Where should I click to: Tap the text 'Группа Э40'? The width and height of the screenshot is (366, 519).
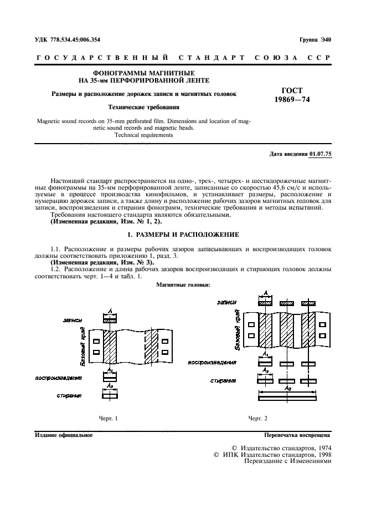tap(315, 39)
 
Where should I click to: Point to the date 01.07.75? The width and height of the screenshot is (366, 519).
tap(321, 154)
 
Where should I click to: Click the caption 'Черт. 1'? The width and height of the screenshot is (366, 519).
tap(109, 418)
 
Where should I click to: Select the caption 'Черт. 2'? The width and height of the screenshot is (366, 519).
tap(257, 418)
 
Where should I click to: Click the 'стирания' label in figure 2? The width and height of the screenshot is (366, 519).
tap(224, 381)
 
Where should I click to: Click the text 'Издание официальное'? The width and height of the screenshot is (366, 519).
tap(63, 435)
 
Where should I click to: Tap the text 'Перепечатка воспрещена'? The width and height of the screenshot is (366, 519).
tap(297, 435)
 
